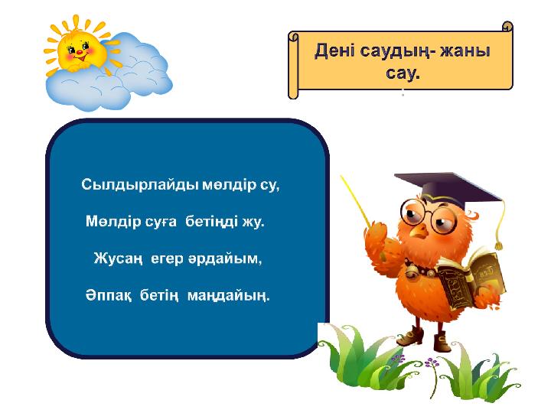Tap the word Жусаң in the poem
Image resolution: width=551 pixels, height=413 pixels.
[x=119, y=259]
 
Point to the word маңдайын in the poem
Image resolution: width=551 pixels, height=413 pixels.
[x=229, y=296]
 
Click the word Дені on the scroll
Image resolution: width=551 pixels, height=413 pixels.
[x=334, y=51]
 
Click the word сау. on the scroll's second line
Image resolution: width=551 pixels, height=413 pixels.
[x=403, y=73]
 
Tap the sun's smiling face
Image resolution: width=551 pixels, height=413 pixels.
[x=82, y=51]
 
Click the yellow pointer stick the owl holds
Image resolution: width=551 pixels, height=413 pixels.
[x=356, y=201]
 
